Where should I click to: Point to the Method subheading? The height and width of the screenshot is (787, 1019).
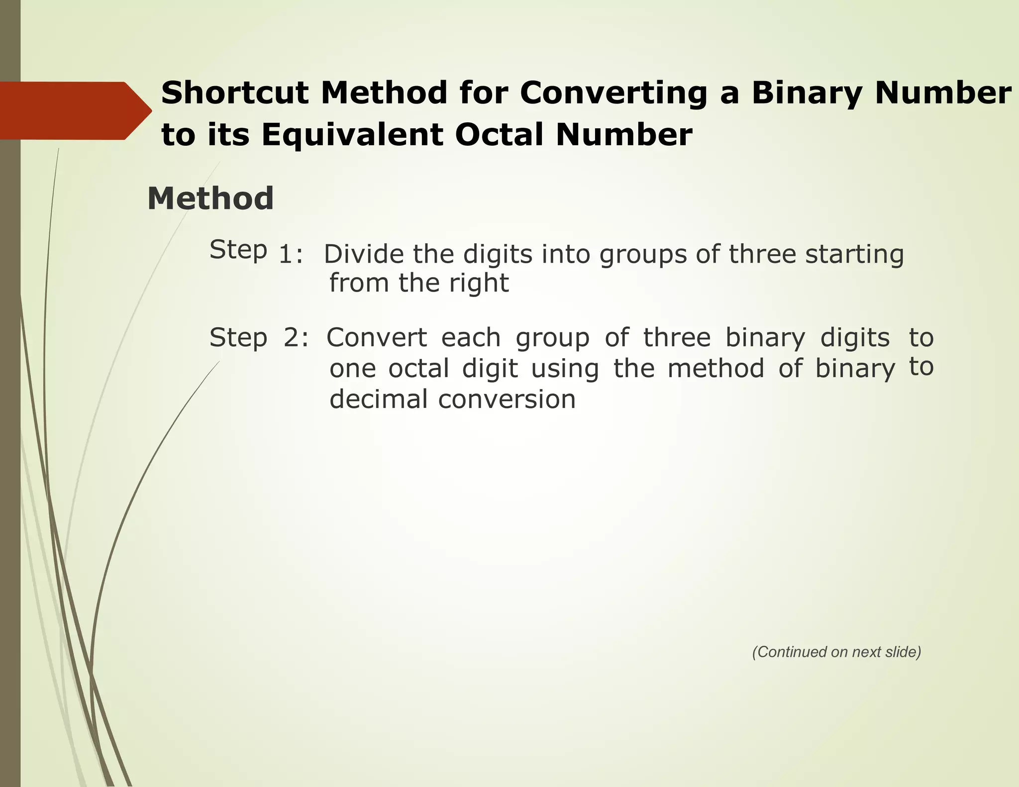pyautogui.click(x=210, y=198)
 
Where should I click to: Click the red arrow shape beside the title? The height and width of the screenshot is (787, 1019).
pyautogui.click(x=75, y=110)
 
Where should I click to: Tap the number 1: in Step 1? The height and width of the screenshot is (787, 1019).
pyautogui.click(x=291, y=255)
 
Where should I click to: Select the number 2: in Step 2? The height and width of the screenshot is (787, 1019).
pyautogui.click(x=296, y=338)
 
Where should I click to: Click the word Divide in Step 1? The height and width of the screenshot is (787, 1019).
pyautogui.click(x=364, y=254)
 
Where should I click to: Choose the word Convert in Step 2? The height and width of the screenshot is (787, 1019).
pyautogui.click(x=377, y=338)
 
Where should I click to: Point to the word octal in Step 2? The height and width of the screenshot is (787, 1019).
pyautogui.click(x=418, y=369)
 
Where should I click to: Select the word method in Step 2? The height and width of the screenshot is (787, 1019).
pyautogui.click(x=715, y=369)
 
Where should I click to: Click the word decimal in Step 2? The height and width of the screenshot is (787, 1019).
pyautogui.click(x=378, y=399)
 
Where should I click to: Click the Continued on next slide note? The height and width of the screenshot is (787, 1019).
pyautogui.click(x=836, y=652)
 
